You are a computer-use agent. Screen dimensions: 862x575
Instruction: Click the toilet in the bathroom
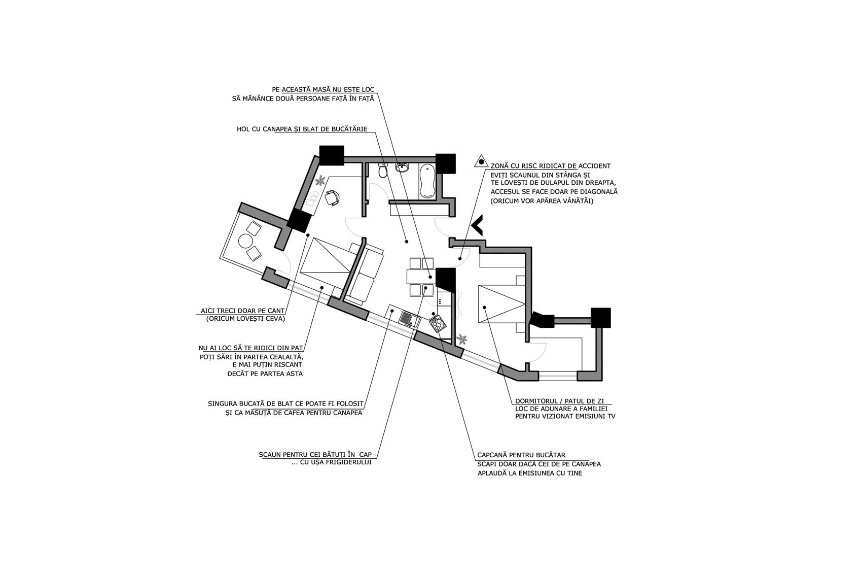(x=383, y=170)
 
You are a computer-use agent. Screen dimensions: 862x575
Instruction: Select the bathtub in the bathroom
(x=426, y=181)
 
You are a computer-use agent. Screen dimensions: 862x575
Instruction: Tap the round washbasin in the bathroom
(x=402, y=167)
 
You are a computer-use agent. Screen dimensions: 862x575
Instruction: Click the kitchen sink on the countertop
(x=406, y=319)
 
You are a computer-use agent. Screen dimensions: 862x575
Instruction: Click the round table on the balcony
(x=245, y=242)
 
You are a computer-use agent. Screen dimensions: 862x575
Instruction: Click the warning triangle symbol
(x=481, y=161)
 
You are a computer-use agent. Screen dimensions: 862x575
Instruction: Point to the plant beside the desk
(x=320, y=180)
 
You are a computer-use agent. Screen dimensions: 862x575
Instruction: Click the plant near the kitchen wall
(x=462, y=340)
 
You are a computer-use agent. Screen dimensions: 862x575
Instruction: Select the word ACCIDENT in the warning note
(x=595, y=166)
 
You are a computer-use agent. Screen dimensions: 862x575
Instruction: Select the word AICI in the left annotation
(x=208, y=311)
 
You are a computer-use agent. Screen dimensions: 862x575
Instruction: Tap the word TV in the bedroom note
(x=610, y=416)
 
